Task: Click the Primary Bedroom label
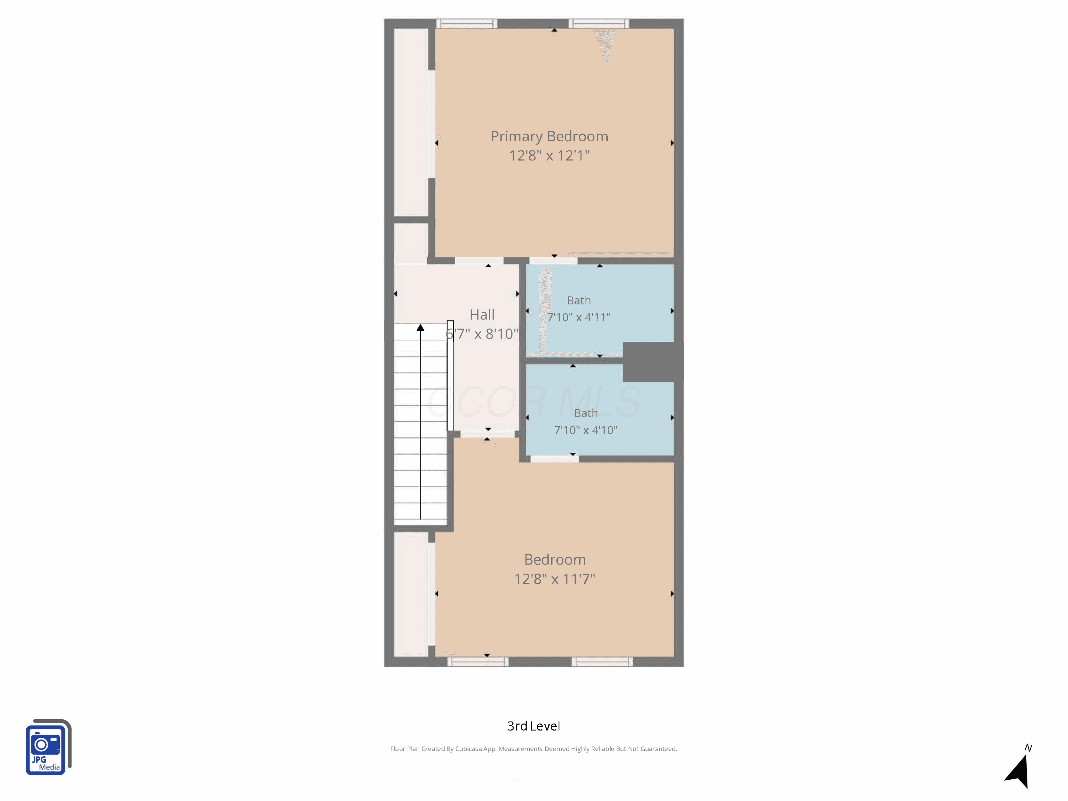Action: coord(549,137)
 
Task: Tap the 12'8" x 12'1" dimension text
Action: coord(549,156)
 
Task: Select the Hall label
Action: coord(482,315)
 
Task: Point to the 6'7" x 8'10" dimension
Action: coord(482,334)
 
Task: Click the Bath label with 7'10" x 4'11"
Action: coord(579,300)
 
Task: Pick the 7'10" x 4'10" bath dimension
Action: coord(586,430)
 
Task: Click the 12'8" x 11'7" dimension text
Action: coord(555,579)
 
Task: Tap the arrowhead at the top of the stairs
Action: coord(420,328)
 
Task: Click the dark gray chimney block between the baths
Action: coord(652,362)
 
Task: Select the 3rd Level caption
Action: coord(534,726)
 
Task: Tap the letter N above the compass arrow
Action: coord(1028,748)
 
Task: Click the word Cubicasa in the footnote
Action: coord(468,749)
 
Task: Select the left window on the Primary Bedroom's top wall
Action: coord(467,23)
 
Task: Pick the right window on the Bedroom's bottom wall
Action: coord(602,661)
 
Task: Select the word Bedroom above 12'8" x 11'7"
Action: coord(555,560)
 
